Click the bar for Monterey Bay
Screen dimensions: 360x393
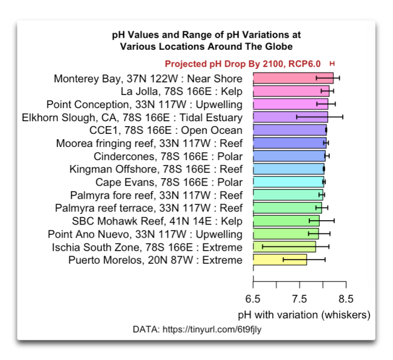(293, 78)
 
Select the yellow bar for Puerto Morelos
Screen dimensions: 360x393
(279, 259)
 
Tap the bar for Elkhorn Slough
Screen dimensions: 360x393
(290, 117)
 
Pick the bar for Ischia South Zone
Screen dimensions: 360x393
(284, 247)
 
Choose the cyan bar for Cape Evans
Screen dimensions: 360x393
(288, 182)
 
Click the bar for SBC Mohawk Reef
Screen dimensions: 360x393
(286, 221)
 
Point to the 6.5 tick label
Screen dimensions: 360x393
(253, 299)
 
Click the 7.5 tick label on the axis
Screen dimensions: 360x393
(300, 299)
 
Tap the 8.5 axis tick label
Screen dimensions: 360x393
(346, 299)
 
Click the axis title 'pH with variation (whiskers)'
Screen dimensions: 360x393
(304, 315)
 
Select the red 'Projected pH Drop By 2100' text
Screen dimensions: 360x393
(242, 64)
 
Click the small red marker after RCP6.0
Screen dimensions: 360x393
(332, 64)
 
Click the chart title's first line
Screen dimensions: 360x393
(206, 35)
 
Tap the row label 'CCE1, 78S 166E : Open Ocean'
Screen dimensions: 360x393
(165, 130)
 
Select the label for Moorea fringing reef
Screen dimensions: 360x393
(149, 143)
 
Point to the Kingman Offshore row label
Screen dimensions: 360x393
(156, 169)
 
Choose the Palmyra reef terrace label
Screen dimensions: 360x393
(148, 208)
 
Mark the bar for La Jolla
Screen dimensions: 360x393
(290, 91)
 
